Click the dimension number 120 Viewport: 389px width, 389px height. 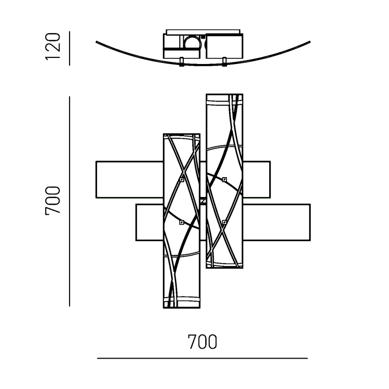point(53,46)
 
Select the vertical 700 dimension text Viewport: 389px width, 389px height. point(53,201)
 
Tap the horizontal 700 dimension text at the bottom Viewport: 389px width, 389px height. point(202,342)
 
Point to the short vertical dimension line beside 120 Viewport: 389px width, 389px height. point(70,48)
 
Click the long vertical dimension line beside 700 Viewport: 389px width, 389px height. point(70,201)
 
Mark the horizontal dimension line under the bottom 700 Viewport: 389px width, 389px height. point(202,358)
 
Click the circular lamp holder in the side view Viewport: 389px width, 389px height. point(192,43)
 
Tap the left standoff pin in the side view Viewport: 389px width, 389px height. point(182,62)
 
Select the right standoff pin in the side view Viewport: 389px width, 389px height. point(224,62)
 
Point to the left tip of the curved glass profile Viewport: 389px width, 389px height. point(96,42)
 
